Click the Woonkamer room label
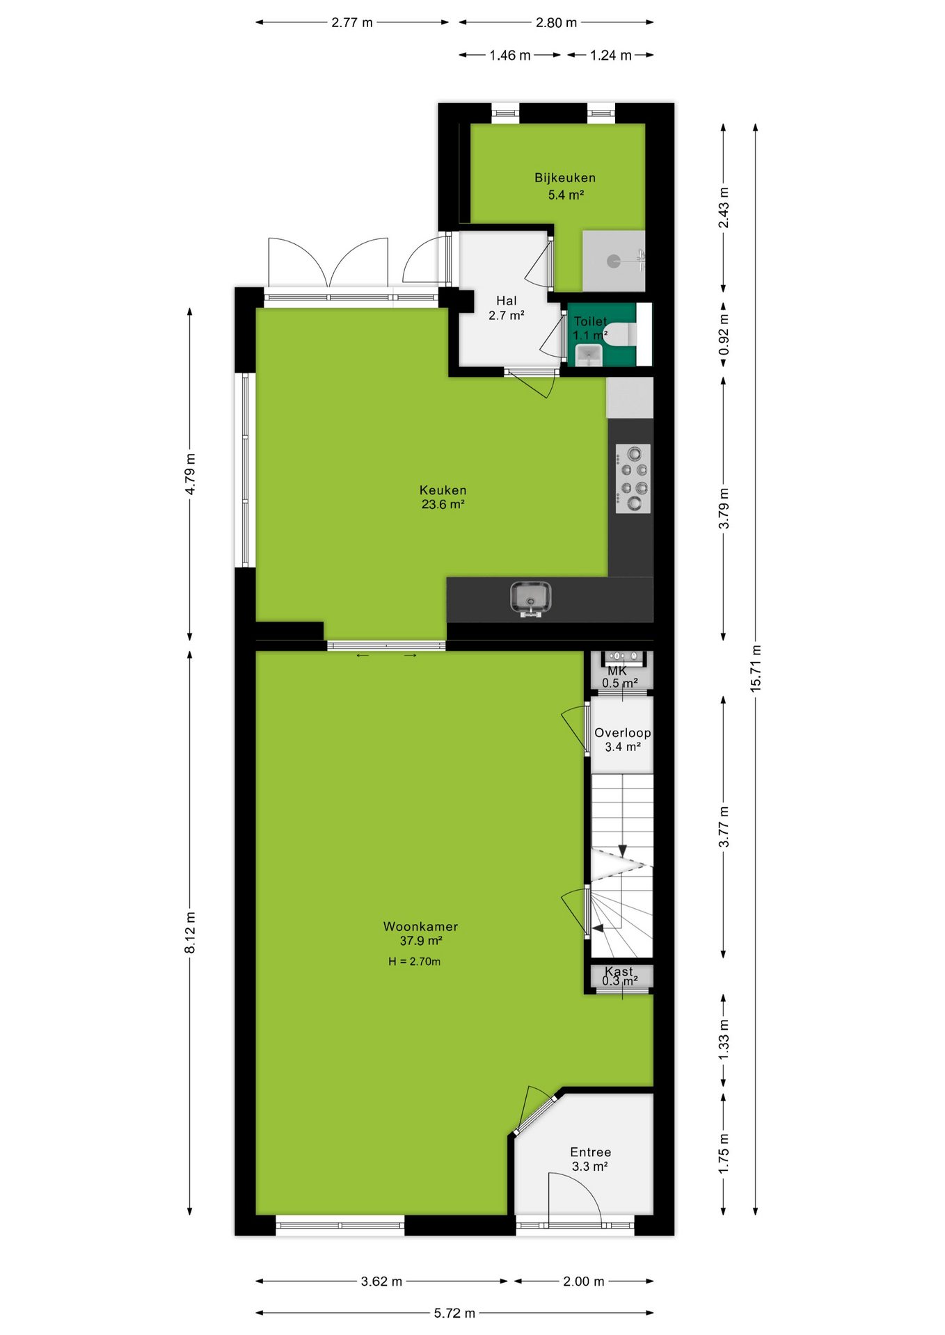[x=420, y=926]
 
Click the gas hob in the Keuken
[x=633, y=478]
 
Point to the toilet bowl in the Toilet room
[x=621, y=334]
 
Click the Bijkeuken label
[x=565, y=177]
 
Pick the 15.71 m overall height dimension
[x=756, y=668]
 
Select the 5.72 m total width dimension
[x=454, y=1313]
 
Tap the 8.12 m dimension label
[x=190, y=933]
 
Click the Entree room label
[x=591, y=1152]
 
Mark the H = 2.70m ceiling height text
[x=414, y=962]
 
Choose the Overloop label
[x=623, y=733]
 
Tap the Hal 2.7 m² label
[x=507, y=308]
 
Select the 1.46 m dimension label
[x=510, y=55]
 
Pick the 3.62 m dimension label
[x=381, y=1281]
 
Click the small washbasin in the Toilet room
[x=589, y=355]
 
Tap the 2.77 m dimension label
[x=352, y=22]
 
